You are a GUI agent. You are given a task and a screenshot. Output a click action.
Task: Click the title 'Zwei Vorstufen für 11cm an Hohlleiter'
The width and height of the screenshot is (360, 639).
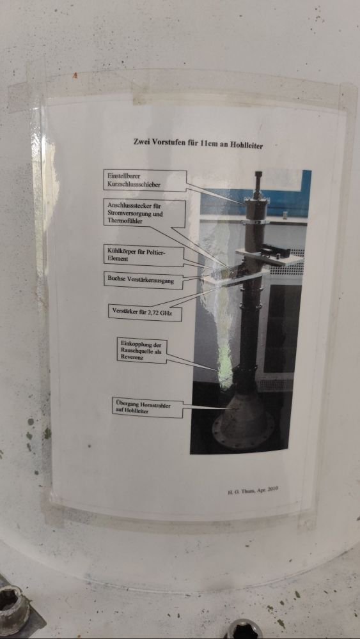[x=198, y=143]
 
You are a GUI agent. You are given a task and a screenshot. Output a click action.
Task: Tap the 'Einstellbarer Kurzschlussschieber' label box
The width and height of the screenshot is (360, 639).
[x=145, y=181]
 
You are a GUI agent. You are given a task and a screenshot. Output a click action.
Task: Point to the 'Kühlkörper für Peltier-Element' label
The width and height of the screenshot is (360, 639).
[x=143, y=256]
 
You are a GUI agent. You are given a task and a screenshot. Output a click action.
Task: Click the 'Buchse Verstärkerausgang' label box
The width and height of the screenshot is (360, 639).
[x=143, y=280]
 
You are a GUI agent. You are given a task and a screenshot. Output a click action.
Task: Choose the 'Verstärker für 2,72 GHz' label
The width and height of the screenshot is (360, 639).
[x=145, y=312]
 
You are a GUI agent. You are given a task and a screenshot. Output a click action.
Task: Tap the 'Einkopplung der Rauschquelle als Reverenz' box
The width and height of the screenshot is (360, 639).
[x=141, y=350]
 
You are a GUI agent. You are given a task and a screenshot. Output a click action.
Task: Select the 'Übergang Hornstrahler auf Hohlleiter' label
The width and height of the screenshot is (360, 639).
[x=147, y=408]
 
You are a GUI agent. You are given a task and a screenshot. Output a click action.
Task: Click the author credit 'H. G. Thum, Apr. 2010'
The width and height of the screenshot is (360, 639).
[x=253, y=491]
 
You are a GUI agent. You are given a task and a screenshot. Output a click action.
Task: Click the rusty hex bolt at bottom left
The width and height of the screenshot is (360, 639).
[x=12, y=607]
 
